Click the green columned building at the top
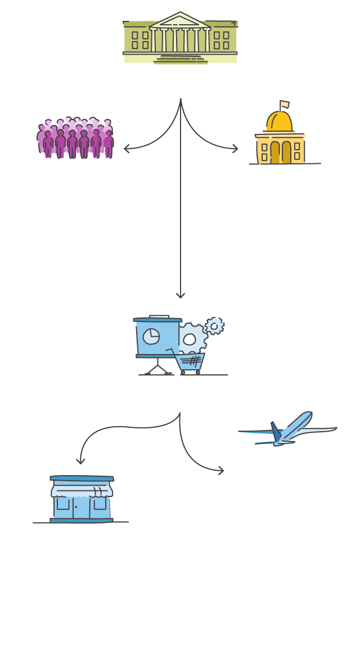coord(180,38)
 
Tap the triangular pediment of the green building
coord(180,21)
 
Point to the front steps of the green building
coord(180,58)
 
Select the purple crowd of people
coord(75,138)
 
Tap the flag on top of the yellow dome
coord(284,104)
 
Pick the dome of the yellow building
coord(280,121)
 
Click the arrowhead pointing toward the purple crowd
coord(126,149)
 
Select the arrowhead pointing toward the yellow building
coord(235,149)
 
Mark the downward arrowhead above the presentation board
coord(181,296)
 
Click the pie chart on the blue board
coord(151,337)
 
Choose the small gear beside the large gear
coord(214,326)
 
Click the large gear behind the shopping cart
coord(191,338)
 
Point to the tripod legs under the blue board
coord(158,368)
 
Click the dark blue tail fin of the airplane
coord(276,431)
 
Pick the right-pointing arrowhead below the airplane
coord(221,471)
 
